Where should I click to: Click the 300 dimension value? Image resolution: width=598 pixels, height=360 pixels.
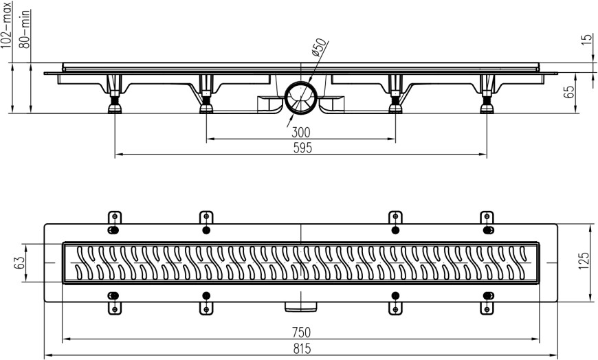coord(300,132)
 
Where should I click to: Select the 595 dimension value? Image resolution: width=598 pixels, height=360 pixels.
coord(300,148)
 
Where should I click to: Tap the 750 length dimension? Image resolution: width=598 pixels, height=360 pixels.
coord(300,332)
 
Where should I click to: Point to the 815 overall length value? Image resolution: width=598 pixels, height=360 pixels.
coord(300,348)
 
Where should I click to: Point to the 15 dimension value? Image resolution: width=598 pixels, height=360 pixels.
coord(586,40)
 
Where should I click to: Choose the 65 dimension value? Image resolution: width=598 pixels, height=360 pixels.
coord(570,92)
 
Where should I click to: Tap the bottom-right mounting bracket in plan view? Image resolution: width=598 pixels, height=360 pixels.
coord(487,302)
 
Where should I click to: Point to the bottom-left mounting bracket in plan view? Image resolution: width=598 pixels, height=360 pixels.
coord(114,302)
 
